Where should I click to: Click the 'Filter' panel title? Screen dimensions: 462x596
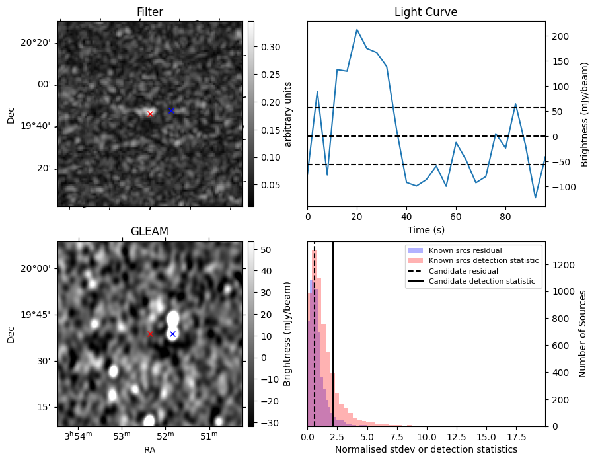coord(150,12)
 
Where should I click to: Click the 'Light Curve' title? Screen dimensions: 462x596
coord(426,12)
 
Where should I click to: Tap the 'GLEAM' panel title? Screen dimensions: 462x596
coord(150,231)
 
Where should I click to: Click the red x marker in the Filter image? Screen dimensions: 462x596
coord(150,114)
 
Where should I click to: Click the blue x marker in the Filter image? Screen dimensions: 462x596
coord(171,110)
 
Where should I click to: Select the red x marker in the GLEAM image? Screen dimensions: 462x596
coord(150,334)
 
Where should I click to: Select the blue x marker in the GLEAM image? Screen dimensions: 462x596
coord(172,334)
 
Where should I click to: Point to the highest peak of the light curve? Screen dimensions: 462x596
coord(357,30)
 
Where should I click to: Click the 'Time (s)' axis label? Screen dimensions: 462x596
coord(426,228)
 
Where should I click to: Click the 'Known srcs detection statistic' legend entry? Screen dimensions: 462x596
coord(483,261)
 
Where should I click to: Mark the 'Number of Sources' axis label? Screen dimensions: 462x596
coord(583,334)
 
